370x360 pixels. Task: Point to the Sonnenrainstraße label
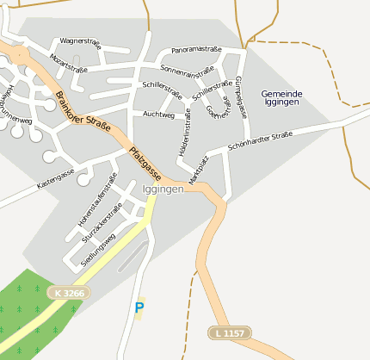coord(187,69)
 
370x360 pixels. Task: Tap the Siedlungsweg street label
coord(97,250)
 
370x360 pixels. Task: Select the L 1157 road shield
coord(231,332)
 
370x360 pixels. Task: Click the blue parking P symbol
coord(139,307)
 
